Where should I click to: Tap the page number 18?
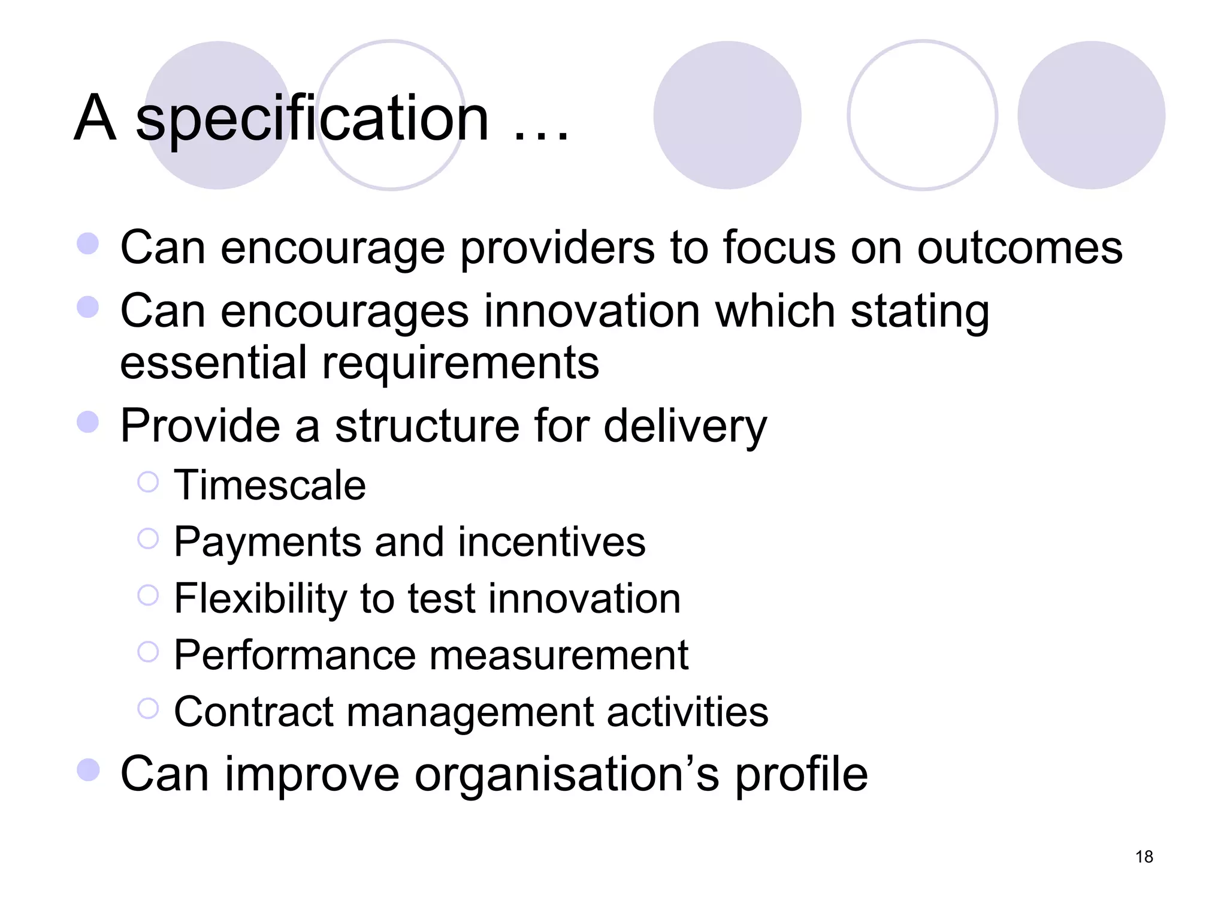pyautogui.click(x=1144, y=856)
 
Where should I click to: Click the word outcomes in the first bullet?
pyautogui.click(x=1020, y=248)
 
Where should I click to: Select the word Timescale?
pyautogui.click(x=270, y=484)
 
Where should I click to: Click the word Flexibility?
pyautogui.click(x=260, y=598)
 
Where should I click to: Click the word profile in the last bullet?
pyautogui.click(x=801, y=775)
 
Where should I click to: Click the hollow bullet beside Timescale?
pyautogui.click(x=148, y=482)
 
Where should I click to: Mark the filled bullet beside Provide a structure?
pyautogui.click(x=88, y=422)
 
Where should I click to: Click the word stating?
pyautogui.click(x=920, y=312)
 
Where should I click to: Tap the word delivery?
pyautogui.click(x=685, y=426)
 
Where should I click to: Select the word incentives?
pyautogui.click(x=551, y=542)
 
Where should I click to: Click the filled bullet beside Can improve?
pyautogui.click(x=88, y=770)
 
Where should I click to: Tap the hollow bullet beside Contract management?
pyautogui.click(x=148, y=708)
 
